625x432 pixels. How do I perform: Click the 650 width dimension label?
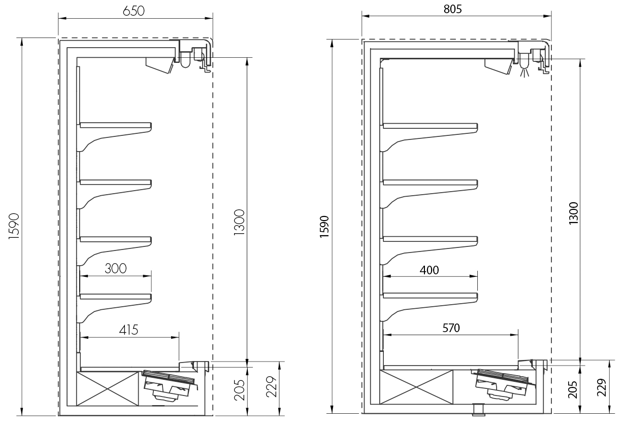click(x=134, y=11)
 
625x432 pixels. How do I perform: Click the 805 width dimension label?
click(x=452, y=9)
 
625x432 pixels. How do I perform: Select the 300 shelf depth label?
click(x=116, y=268)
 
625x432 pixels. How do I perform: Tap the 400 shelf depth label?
click(x=429, y=270)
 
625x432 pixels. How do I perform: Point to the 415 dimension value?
click(x=128, y=330)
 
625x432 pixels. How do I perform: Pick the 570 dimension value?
click(x=451, y=328)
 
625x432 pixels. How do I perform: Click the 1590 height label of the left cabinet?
click(x=14, y=226)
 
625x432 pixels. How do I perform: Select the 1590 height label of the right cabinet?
click(x=324, y=227)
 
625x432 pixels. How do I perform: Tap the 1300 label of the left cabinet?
click(x=239, y=223)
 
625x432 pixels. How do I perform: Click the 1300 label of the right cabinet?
click(x=573, y=213)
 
